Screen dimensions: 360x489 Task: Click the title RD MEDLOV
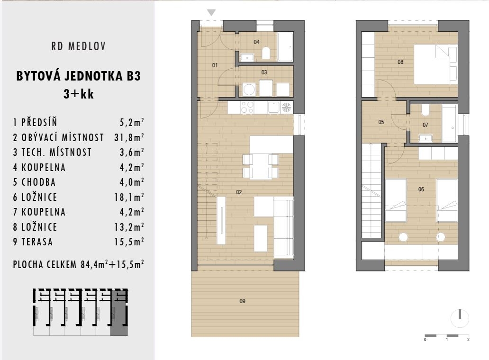point(78,46)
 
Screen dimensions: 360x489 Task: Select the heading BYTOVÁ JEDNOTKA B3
point(78,76)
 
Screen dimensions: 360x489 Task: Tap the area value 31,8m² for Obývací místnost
point(132,138)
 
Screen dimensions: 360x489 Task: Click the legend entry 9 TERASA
point(33,242)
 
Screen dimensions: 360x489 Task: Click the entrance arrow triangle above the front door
point(211,13)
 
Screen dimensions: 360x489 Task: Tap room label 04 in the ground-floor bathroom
point(256,42)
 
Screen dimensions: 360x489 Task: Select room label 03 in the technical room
point(264,72)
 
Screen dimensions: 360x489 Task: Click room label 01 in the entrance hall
point(215,65)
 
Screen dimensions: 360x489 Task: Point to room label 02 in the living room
point(239,192)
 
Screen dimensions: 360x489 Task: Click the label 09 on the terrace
point(243,301)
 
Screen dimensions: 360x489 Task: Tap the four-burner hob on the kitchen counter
point(247,108)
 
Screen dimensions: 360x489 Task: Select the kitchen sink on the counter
point(273,108)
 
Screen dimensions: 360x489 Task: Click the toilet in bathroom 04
point(266,53)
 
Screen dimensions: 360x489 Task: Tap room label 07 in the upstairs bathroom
point(425,125)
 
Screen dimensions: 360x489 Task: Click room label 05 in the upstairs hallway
point(381,122)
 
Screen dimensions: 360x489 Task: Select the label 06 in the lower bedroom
point(421,189)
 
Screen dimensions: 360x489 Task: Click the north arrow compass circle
point(460,318)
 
